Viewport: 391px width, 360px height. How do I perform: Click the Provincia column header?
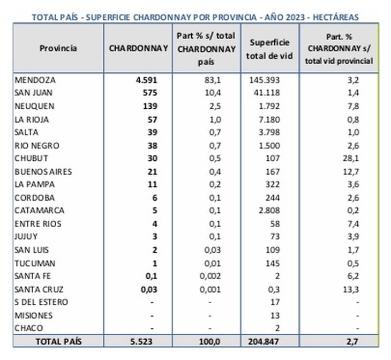[58, 48]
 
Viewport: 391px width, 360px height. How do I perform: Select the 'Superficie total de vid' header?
[273, 48]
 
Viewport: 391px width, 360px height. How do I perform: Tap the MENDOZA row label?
[35, 80]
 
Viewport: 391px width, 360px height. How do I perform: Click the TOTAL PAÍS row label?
[58, 341]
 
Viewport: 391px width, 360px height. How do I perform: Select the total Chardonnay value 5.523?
[144, 341]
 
